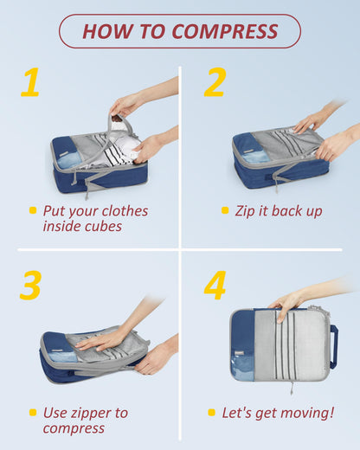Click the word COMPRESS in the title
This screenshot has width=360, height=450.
click(225, 31)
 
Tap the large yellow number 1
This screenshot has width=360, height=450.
click(30, 83)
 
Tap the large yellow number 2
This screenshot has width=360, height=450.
click(215, 83)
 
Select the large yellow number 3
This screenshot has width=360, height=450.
click(30, 286)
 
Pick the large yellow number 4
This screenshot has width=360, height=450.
click(215, 286)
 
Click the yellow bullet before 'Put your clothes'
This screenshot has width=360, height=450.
click(33, 210)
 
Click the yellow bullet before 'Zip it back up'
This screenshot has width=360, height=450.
click(225, 210)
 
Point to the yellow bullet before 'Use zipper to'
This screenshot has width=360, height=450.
click(33, 412)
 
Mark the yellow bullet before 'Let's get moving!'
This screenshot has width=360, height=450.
click(212, 413)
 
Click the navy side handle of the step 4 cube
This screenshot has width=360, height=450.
click(333, 346)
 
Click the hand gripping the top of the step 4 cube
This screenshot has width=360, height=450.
click(286, 302)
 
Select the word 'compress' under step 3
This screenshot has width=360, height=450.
click(74, 428)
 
